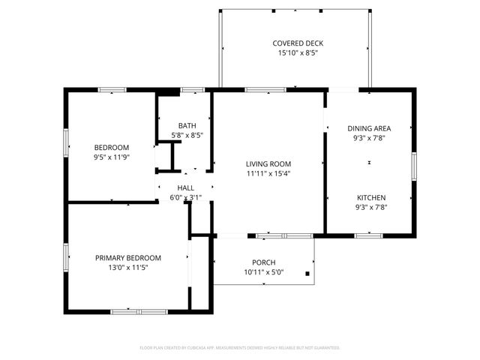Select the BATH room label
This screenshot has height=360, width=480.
(x=187, y=125)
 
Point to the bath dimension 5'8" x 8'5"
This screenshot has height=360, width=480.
(x=187, y=135)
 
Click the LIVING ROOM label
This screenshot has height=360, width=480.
(x=268, y=163)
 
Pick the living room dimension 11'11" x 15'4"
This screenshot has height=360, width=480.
(x=268, y=173)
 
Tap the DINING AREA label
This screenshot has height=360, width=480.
(x=370, y=128)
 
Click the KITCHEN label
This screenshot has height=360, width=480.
(x=370, y=198)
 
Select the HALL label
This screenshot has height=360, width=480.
(x=186, y=188)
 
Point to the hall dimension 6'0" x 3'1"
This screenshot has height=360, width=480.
(x=186, y=198)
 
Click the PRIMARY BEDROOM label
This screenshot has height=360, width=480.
(x=127, y=258)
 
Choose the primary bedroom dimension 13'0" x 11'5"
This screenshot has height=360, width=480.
(x=127, y=268)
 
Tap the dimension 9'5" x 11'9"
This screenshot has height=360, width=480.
(x=111, y=157)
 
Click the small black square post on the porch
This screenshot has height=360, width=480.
(x=307, y=274)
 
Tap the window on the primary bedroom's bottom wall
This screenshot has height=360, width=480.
(x=139, y=310)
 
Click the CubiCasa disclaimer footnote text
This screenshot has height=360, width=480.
(x=240, y=348)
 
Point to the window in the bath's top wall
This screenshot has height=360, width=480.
(x=193, y=90)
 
